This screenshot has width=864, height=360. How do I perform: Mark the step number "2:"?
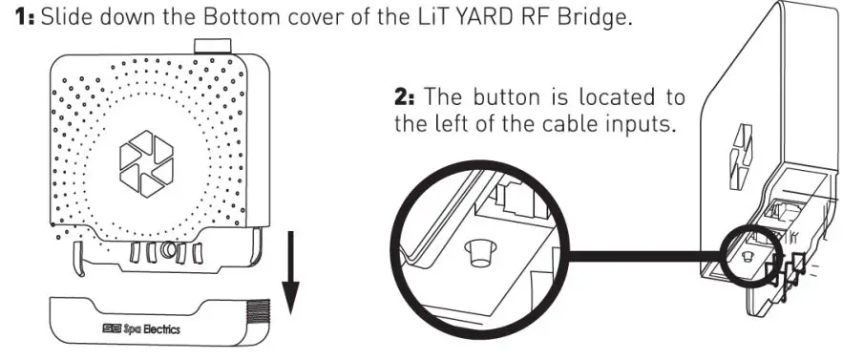(x=407, y=97)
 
